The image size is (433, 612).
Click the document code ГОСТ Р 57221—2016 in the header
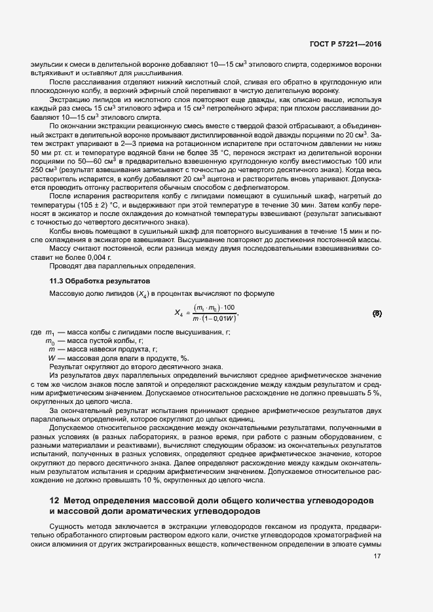[345, 45]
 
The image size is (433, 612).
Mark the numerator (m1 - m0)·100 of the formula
[214, 308]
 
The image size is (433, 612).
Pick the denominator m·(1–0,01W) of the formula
[214, 319]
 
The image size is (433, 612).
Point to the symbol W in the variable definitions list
[51, 358]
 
